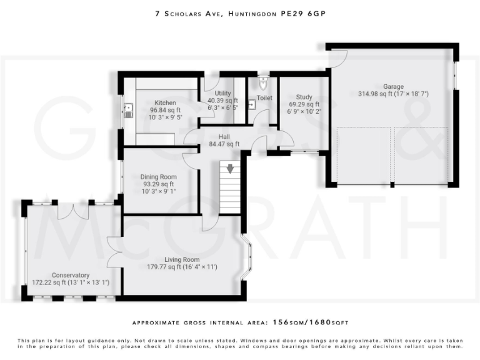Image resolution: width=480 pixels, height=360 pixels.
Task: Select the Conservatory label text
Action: coord(71,275)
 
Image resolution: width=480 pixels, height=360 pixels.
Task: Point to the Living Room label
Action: coord(182,259)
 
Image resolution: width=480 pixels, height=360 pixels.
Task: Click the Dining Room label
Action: coord(159,177)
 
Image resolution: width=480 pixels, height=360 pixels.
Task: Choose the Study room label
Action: coord(304,97)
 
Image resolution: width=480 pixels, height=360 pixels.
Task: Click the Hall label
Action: coord(224,136)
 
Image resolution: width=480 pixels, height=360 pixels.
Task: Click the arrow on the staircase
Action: coord(231,168)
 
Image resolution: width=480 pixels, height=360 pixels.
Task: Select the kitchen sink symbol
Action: coord(129,111)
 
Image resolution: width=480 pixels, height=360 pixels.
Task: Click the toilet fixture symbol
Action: coord(263,83)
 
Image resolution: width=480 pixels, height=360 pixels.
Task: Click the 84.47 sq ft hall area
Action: coord(224,144)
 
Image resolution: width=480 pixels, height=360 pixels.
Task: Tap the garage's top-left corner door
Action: coord(337,58)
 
